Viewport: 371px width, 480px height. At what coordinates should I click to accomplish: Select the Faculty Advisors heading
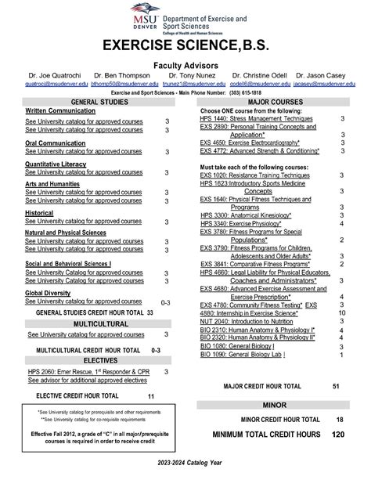(185, 67)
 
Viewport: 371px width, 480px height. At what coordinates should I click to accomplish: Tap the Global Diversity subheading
(48, 293)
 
